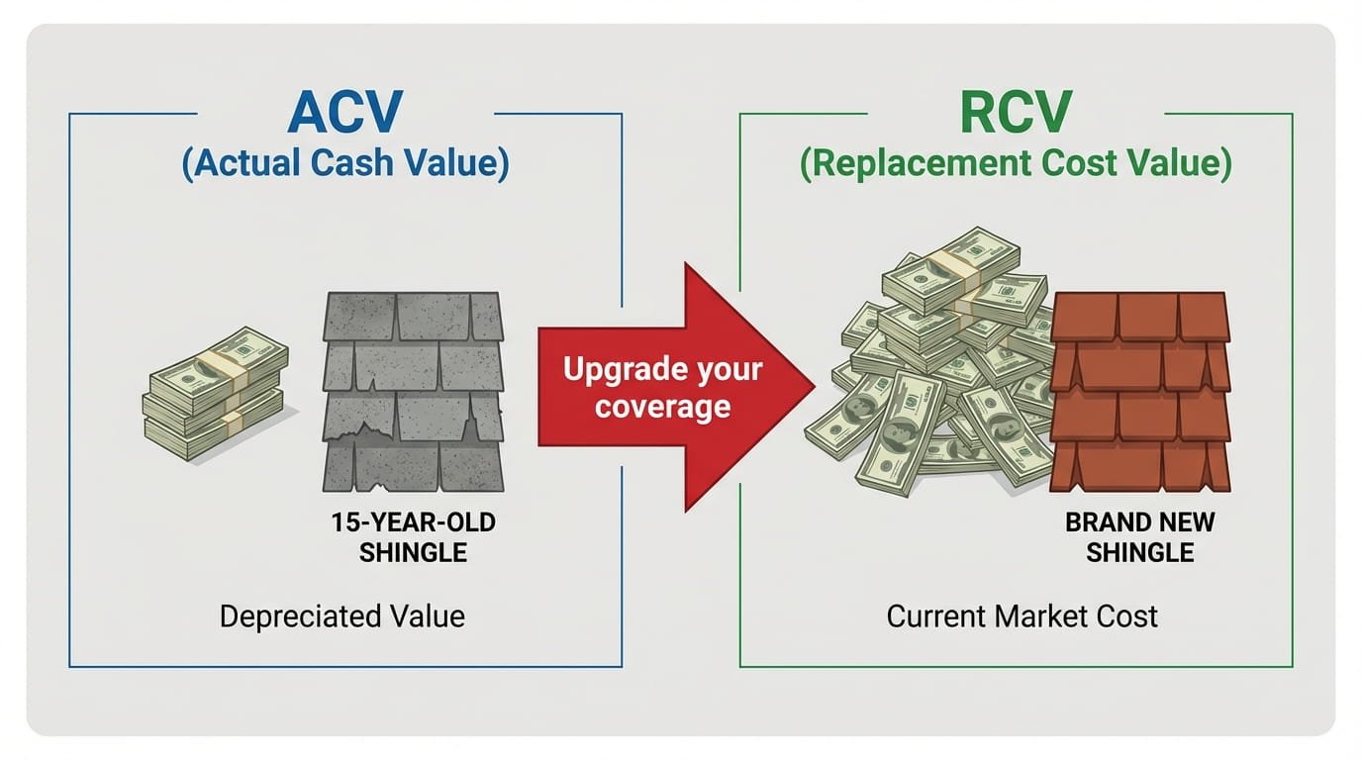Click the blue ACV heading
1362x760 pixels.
tap(345, 113)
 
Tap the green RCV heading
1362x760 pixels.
tap(1016, 113)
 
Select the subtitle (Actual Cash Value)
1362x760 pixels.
tap(345, 163)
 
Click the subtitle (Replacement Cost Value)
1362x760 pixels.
tap(1016, 163)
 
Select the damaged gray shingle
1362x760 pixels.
tap(414, 390)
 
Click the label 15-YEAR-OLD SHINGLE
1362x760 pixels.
tap(413, 537)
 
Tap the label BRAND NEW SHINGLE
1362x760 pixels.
tap(1139, 537)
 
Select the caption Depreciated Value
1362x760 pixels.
tap(341, 617)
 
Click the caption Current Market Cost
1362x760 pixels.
tap(1021, 617)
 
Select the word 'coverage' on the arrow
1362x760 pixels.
tap(662, 406)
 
